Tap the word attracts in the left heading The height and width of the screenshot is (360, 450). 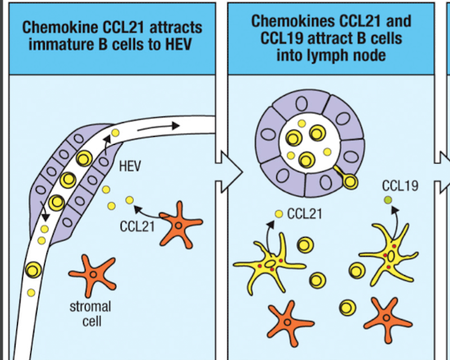[175, 28]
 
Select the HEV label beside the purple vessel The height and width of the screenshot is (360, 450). [130, 166]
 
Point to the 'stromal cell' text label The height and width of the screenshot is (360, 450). [90, 314]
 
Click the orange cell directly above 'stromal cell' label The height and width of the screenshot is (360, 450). [93, 274]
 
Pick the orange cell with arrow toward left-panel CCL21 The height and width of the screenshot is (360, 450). [180, 225]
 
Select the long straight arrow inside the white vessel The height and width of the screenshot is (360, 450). [158, 128]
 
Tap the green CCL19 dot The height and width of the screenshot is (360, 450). [388, 200]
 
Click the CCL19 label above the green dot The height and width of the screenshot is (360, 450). [400, 186]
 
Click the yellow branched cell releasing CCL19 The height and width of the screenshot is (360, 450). [390, 255]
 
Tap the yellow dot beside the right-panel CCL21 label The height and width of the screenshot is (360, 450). [279, 214]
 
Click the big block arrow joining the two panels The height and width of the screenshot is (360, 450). [229, 172]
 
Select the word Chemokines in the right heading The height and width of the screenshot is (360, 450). [293, 21]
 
